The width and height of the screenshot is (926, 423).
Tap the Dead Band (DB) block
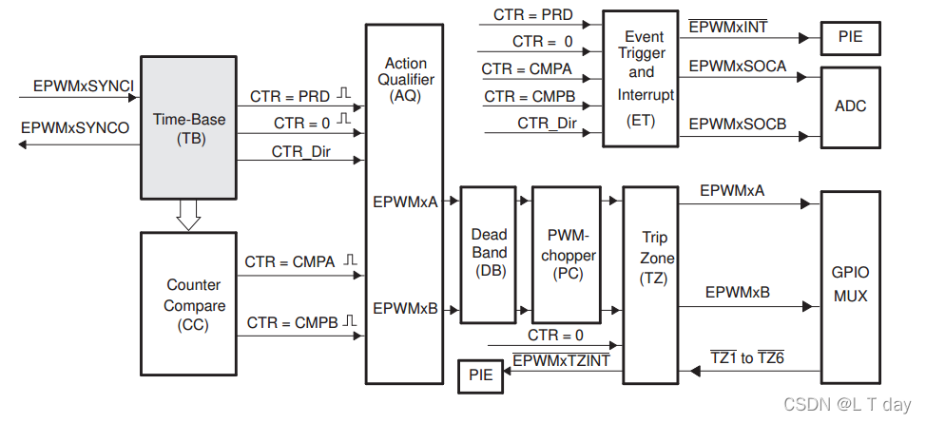(x=489, y=253)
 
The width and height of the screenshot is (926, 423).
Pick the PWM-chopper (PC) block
(x=569, y=253)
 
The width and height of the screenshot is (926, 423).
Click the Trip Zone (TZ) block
(x=657, y=259)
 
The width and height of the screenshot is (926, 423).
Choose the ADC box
(x=850, y=106)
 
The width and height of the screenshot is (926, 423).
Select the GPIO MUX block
(x=850, y=282)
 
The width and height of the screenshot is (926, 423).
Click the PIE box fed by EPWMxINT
(x=850, y=39)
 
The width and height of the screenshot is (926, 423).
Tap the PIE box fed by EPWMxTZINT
(x=481, y=375)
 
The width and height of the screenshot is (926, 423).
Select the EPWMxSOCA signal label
(x=738, y=67)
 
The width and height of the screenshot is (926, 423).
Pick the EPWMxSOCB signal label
(x=738, y=124)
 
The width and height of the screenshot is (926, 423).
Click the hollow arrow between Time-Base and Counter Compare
(x=189, y=217)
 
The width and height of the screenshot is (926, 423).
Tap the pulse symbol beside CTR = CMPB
(x=350, y=321)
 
